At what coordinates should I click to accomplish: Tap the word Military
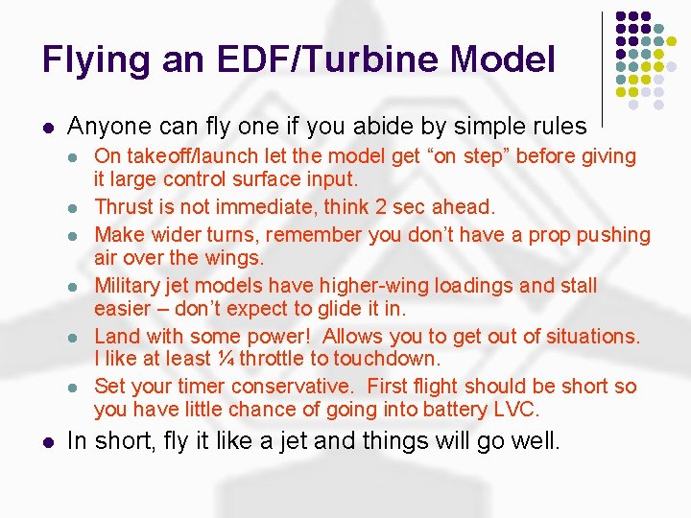[x=130, y=286]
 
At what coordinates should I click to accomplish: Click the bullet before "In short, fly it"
[x=48, y=443]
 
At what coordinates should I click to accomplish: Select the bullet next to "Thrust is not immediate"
[x=77, y=207]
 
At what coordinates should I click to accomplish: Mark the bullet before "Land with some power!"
[x=77, y=337]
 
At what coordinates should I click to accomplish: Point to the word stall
[x=576, y=286]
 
